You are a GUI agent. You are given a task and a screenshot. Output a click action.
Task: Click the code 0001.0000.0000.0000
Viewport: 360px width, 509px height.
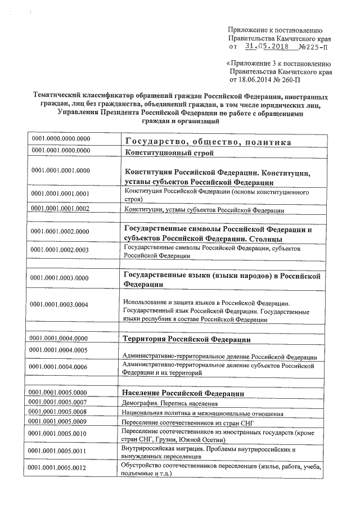click(61, 138)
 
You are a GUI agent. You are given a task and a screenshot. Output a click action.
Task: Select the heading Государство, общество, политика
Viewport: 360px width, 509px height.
click(208, 142)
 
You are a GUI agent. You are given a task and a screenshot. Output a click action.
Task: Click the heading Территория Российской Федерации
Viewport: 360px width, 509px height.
click(187, 339)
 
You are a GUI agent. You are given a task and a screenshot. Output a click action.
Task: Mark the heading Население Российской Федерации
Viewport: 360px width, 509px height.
click(183, 392)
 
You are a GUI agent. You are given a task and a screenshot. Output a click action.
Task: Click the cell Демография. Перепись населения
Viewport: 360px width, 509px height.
click(169, 403)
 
